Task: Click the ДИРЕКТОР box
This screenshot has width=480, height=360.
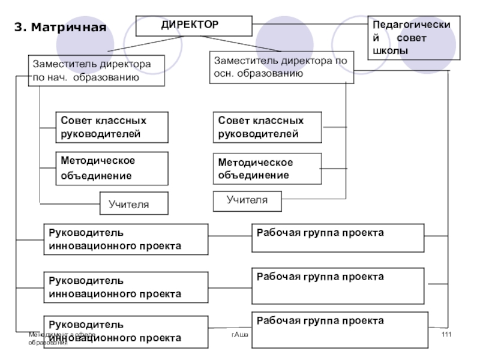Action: [x=194, y=26]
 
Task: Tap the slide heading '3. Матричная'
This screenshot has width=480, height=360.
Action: [x=60, y=28]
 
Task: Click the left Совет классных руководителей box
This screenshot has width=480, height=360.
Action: [x=112, y=127]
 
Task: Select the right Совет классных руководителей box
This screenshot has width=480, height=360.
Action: [x=267, y=127]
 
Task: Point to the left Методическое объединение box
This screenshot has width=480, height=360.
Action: [x=112, y=168]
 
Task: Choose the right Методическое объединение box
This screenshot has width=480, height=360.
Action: [x=267, y=169]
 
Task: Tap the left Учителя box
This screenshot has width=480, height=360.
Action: [x=134, y=204]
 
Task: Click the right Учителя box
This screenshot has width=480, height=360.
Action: [x=247, y=200]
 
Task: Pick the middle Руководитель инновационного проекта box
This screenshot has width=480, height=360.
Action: [x=126, y=287]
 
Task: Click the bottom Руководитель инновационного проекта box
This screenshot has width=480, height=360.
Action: [x=126, y=331]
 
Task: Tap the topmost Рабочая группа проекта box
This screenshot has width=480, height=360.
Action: [x=338, y=239]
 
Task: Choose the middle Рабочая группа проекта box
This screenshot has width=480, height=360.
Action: [x=338, y=287]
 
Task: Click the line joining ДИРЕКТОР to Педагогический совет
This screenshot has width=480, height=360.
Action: [x=310, y=24]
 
